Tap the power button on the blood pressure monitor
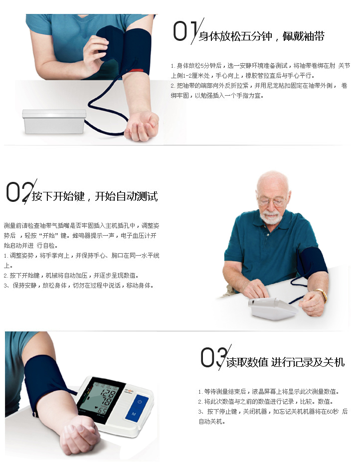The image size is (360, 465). (140, 402)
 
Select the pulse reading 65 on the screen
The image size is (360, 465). (102, 411)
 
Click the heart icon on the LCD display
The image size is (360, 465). (96, 407)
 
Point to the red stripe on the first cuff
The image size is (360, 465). (136, 71)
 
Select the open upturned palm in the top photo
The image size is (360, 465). (142, 126)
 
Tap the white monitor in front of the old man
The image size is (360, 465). (273, 309)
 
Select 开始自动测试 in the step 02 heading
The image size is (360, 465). (126, 196)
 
